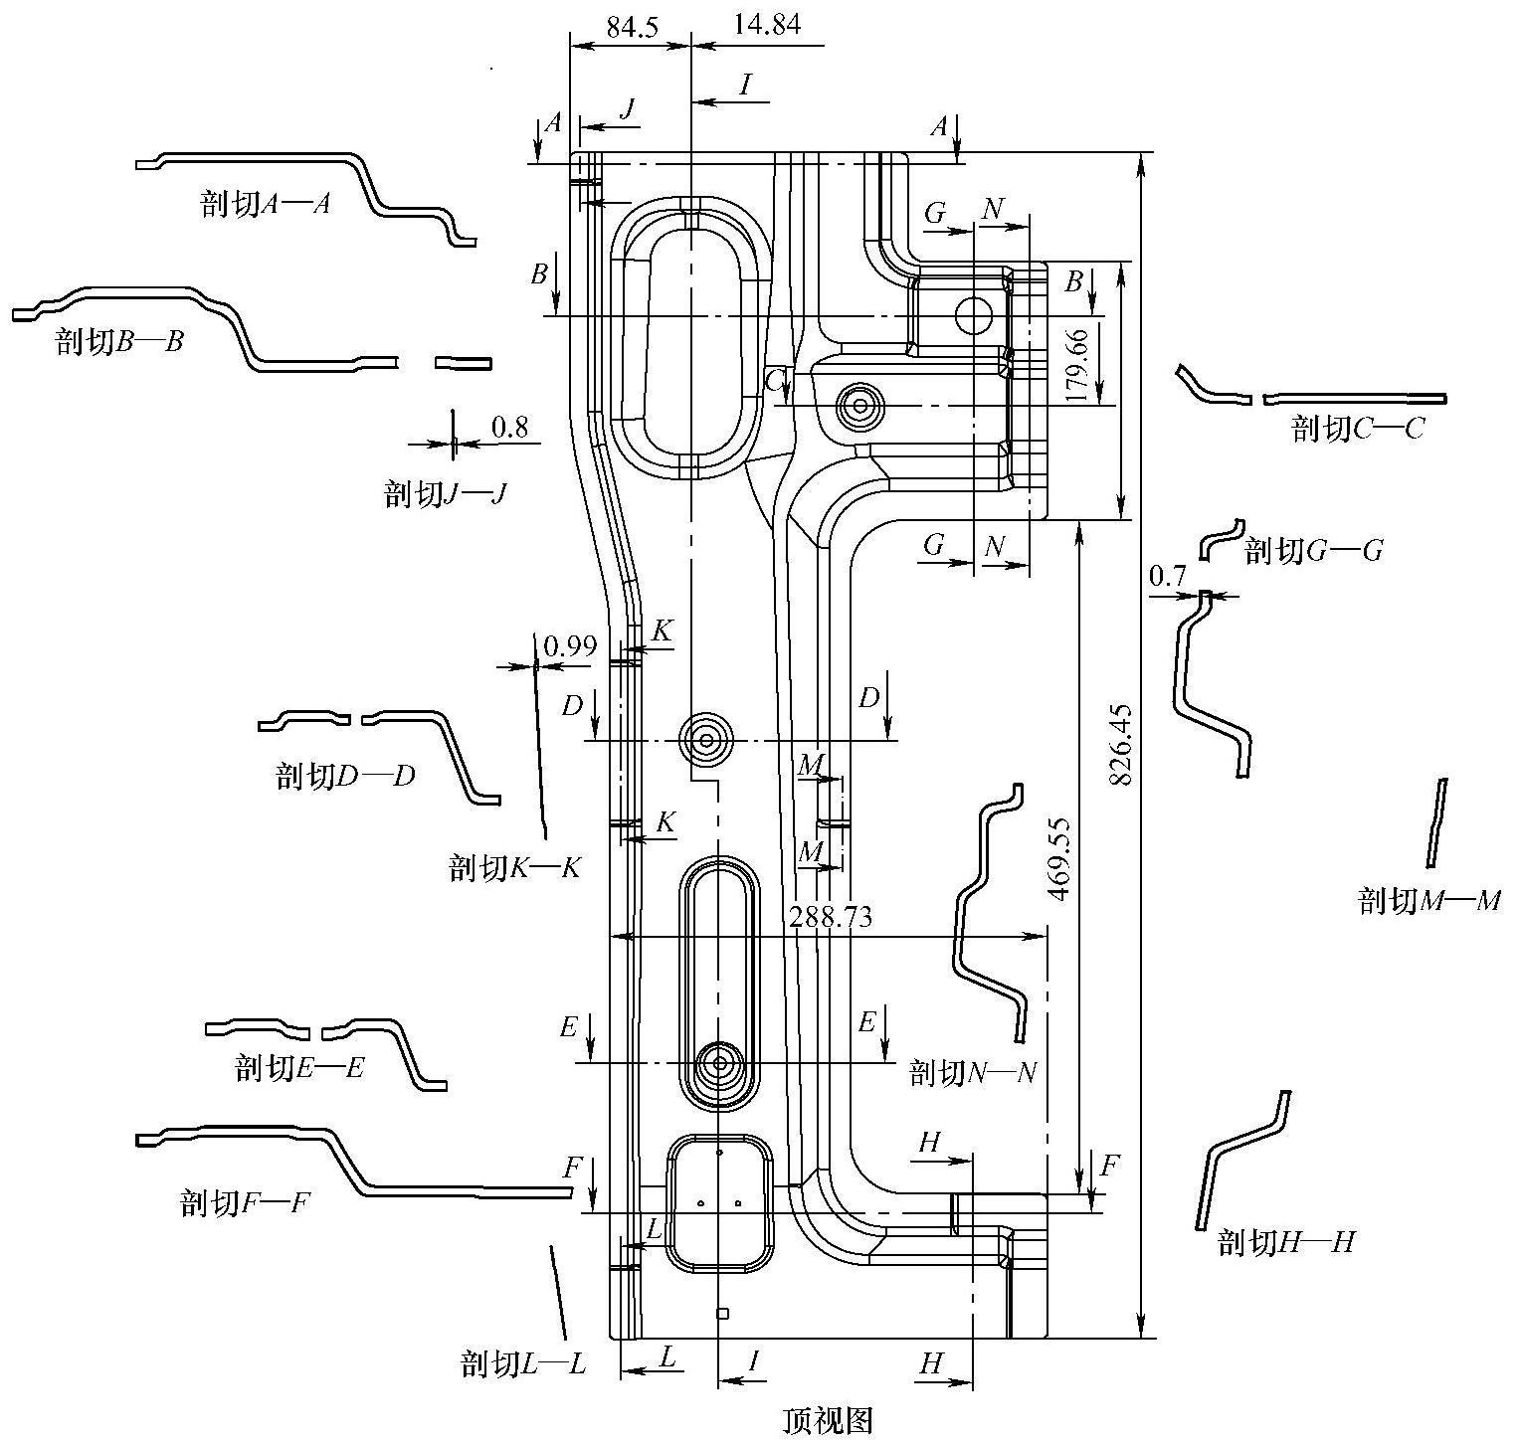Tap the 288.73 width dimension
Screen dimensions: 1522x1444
tap(831, 917)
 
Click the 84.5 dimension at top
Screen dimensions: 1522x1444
tap(633, 27)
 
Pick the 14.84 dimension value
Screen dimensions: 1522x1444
tap(766, 25)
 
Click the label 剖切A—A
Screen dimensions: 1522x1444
tap(265, 205)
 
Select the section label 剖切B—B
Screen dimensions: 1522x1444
tap(120, 342)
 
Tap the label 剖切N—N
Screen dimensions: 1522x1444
tap(974, 1073)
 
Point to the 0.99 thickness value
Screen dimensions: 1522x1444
tap(570, 646)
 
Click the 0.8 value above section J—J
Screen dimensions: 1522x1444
tap(509, 428)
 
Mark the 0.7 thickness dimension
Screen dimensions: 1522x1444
tap(1168, 575)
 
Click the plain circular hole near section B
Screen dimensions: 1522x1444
tap(973, 315)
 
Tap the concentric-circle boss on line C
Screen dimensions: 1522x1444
tap(857, 405)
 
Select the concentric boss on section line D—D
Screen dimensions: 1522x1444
tap(706, 740)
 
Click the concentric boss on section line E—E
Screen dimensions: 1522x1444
tap(718, 1063)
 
